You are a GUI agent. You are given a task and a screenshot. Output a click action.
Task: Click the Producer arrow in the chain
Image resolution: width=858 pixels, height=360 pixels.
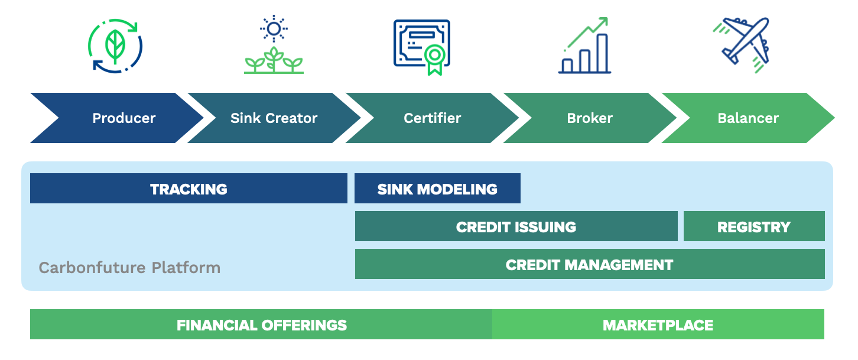(x=122, y=118)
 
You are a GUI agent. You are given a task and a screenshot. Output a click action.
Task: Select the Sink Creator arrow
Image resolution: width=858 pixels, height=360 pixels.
(x=274, y=118)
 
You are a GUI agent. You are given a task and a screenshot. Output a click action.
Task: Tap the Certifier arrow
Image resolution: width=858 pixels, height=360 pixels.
(x=432, y=118)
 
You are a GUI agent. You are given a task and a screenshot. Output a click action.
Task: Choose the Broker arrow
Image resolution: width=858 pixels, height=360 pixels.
(x=590, y=118)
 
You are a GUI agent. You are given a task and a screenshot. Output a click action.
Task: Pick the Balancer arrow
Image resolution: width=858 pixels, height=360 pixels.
(x=748, y=118)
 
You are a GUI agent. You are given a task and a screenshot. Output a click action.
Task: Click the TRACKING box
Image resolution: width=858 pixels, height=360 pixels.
(x=188, y=189)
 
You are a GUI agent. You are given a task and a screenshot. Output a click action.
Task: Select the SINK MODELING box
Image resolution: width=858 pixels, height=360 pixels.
(x=437, y=189)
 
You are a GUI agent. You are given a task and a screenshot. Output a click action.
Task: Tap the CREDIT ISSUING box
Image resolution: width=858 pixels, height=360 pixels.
(x=516, y=226)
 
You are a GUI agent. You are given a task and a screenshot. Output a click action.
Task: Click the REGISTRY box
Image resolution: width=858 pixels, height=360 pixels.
(x=754, y=226)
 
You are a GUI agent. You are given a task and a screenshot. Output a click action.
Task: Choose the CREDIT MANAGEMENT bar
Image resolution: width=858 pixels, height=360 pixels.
(x=590, y=264)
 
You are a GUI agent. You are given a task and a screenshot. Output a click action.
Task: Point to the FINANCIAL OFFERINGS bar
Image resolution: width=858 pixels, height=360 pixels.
(x=261, y=325)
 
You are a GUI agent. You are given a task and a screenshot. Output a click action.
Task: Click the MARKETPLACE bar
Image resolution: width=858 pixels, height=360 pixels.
(x=658, y=325)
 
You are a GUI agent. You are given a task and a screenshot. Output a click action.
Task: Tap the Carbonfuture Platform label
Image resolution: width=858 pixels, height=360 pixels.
(x=129, y=268)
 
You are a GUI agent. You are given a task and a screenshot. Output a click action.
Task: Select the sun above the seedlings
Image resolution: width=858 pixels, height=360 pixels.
(x=274, y=29)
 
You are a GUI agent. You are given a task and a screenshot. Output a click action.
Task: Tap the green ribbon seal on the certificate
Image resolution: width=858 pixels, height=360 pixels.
(x=434, y=60)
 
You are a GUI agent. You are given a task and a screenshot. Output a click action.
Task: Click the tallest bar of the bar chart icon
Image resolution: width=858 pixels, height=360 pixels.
(x=602, y=53)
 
